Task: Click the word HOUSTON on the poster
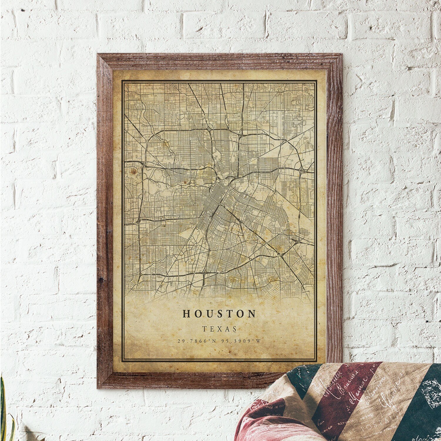[219, 314]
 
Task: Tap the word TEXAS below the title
[219, 329]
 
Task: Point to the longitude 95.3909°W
[243, 341]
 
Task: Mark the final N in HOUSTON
[252, 314]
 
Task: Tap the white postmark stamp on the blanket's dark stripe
[429, 391]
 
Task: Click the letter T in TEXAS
[204, 329]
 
